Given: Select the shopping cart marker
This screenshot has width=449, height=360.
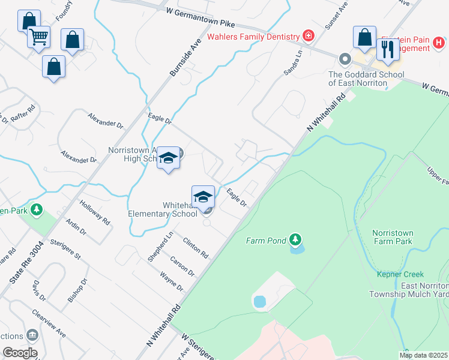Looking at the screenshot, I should coord(39,37).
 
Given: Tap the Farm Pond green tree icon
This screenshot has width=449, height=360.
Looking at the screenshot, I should coord(295,240).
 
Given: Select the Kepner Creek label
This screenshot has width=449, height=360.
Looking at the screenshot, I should coord(400,274).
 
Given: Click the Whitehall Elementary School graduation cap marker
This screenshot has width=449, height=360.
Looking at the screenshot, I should coord(203,196).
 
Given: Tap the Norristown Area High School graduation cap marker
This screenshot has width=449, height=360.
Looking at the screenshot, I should coord(169,158).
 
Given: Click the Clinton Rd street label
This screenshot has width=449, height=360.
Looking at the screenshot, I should coord(196,247).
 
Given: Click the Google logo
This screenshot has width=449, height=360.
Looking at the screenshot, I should coord(20,353).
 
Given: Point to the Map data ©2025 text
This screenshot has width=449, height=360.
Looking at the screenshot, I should coord(423,355).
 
